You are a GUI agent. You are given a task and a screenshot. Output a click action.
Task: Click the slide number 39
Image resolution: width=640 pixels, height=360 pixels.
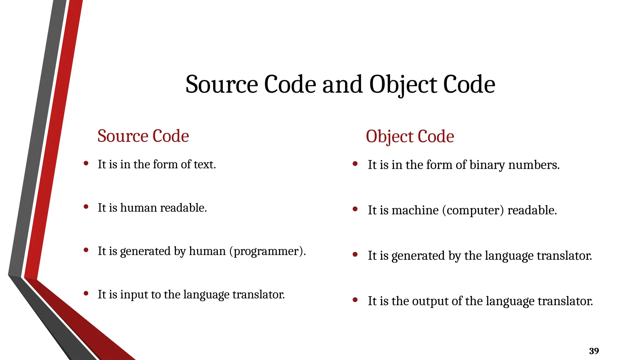(x=594, y=351)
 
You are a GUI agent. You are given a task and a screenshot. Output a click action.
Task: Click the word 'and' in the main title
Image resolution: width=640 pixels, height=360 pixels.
(x=342, y=84)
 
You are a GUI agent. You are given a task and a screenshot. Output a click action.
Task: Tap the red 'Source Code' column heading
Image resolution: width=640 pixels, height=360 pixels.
(x=143, y=136)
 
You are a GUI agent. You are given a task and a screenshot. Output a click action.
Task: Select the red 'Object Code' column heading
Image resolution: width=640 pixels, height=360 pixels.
(x=410, y=137)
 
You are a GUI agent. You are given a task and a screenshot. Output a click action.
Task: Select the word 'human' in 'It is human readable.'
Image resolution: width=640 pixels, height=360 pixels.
(x=138, y=208)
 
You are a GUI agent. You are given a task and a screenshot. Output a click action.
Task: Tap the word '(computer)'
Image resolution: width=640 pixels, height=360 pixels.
(x=473, y=210)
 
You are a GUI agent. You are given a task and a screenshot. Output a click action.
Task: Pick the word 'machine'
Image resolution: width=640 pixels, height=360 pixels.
(x=415, y=210)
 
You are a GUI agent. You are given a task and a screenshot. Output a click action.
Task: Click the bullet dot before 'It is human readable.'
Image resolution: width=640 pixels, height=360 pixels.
(x=86, y=207)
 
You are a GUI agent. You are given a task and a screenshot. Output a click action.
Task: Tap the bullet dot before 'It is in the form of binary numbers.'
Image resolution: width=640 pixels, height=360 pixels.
(x=355, y=163)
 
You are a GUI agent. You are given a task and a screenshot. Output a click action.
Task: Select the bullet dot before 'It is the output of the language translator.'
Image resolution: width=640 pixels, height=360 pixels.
(x=355, y=300)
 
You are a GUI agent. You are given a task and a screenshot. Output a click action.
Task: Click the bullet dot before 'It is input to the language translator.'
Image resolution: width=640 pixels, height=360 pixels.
(x=86, y=293)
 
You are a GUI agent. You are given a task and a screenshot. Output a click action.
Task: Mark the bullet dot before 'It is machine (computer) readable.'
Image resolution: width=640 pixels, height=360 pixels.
(x=355, y=209)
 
